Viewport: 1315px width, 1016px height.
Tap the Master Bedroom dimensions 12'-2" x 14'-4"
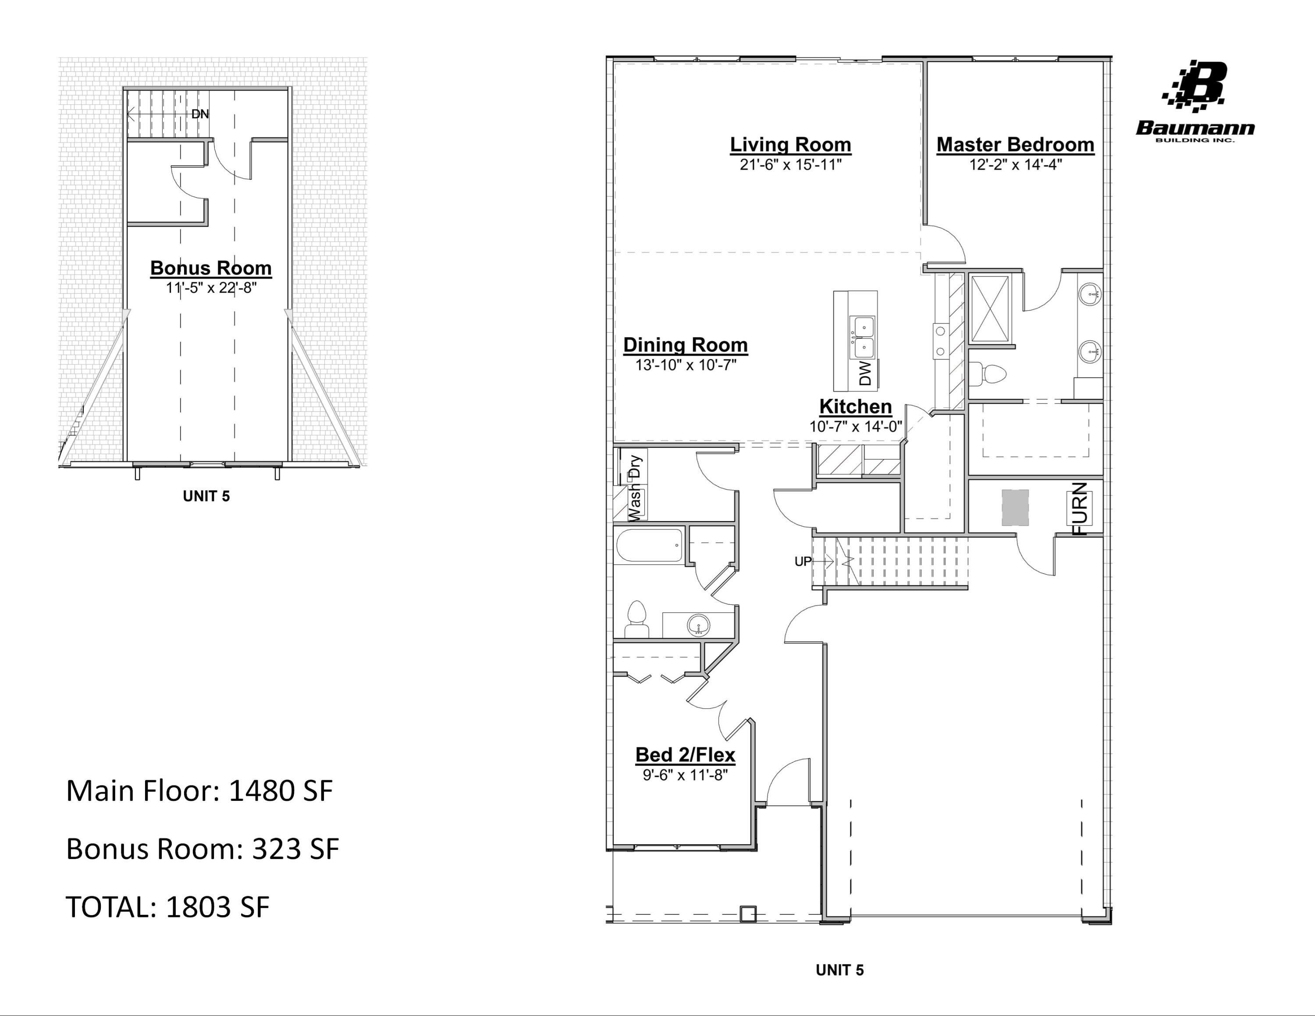[x=1015, y=164]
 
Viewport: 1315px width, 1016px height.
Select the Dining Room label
[x=685, y=345]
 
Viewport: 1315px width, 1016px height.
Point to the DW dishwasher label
[x=865, y=373]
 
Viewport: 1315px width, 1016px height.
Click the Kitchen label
[x=855, y=406]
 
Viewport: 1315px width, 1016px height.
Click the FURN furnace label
[x=1081, y=508]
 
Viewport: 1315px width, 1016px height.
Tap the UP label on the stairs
[x=803, y=561]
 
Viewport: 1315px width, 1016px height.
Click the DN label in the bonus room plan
[x=200, y=114]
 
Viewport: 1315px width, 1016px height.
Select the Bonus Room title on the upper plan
[x=211, y=268]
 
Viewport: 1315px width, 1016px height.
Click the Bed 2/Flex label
[x=685, y=755]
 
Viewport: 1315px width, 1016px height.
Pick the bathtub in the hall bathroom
[x=649, y=545]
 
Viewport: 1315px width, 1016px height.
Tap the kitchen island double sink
[x=862, y=337]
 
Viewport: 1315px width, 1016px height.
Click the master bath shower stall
[x=991, y=309]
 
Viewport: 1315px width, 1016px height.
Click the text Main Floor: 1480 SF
[x=199, y=791]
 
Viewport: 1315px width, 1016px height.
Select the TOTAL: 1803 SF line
[x=167, y=907]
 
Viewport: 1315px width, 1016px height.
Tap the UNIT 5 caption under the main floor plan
[x=839, y=970]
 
